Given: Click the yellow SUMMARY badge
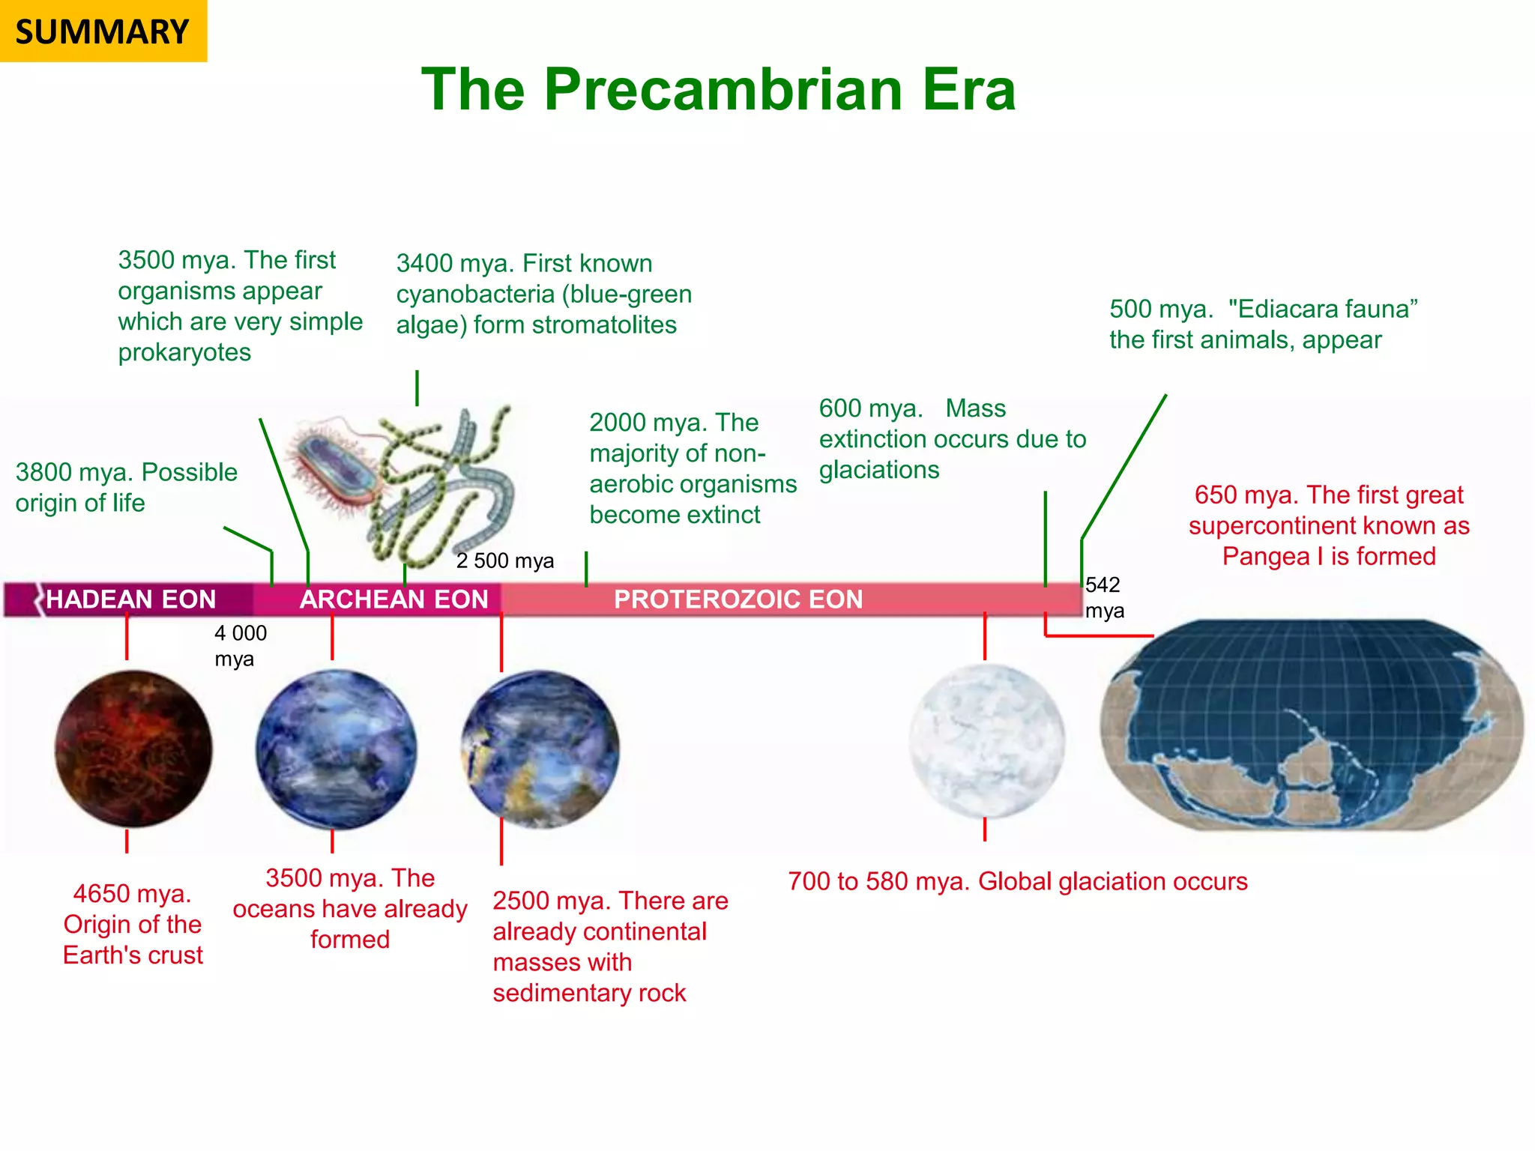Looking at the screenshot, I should pos(103,31).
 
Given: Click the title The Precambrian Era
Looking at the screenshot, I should pos(718,89).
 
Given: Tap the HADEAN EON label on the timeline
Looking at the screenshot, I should pos(131,599).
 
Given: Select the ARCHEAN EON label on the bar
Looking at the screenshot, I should pos(393,599).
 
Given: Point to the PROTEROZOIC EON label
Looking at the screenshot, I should pos(738,599).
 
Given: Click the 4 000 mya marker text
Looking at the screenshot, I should pos(240,646).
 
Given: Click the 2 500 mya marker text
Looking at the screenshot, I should pos(505,561).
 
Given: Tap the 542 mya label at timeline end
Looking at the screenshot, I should pos(1104,597).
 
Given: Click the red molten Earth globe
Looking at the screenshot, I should pos(133,749).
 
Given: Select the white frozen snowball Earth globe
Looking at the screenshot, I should pos(986,740).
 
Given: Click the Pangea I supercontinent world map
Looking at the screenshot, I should pos(1312,725).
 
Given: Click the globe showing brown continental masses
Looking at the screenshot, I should pos(540,749).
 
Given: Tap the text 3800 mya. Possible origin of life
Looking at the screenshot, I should pos(126,487).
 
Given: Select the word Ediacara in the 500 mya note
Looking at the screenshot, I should pos(1289,309).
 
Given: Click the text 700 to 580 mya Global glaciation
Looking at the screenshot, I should pos(1017,881).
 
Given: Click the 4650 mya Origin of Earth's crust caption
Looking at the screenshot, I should pos(133,924).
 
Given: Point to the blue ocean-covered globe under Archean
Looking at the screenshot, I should pos(335,749).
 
